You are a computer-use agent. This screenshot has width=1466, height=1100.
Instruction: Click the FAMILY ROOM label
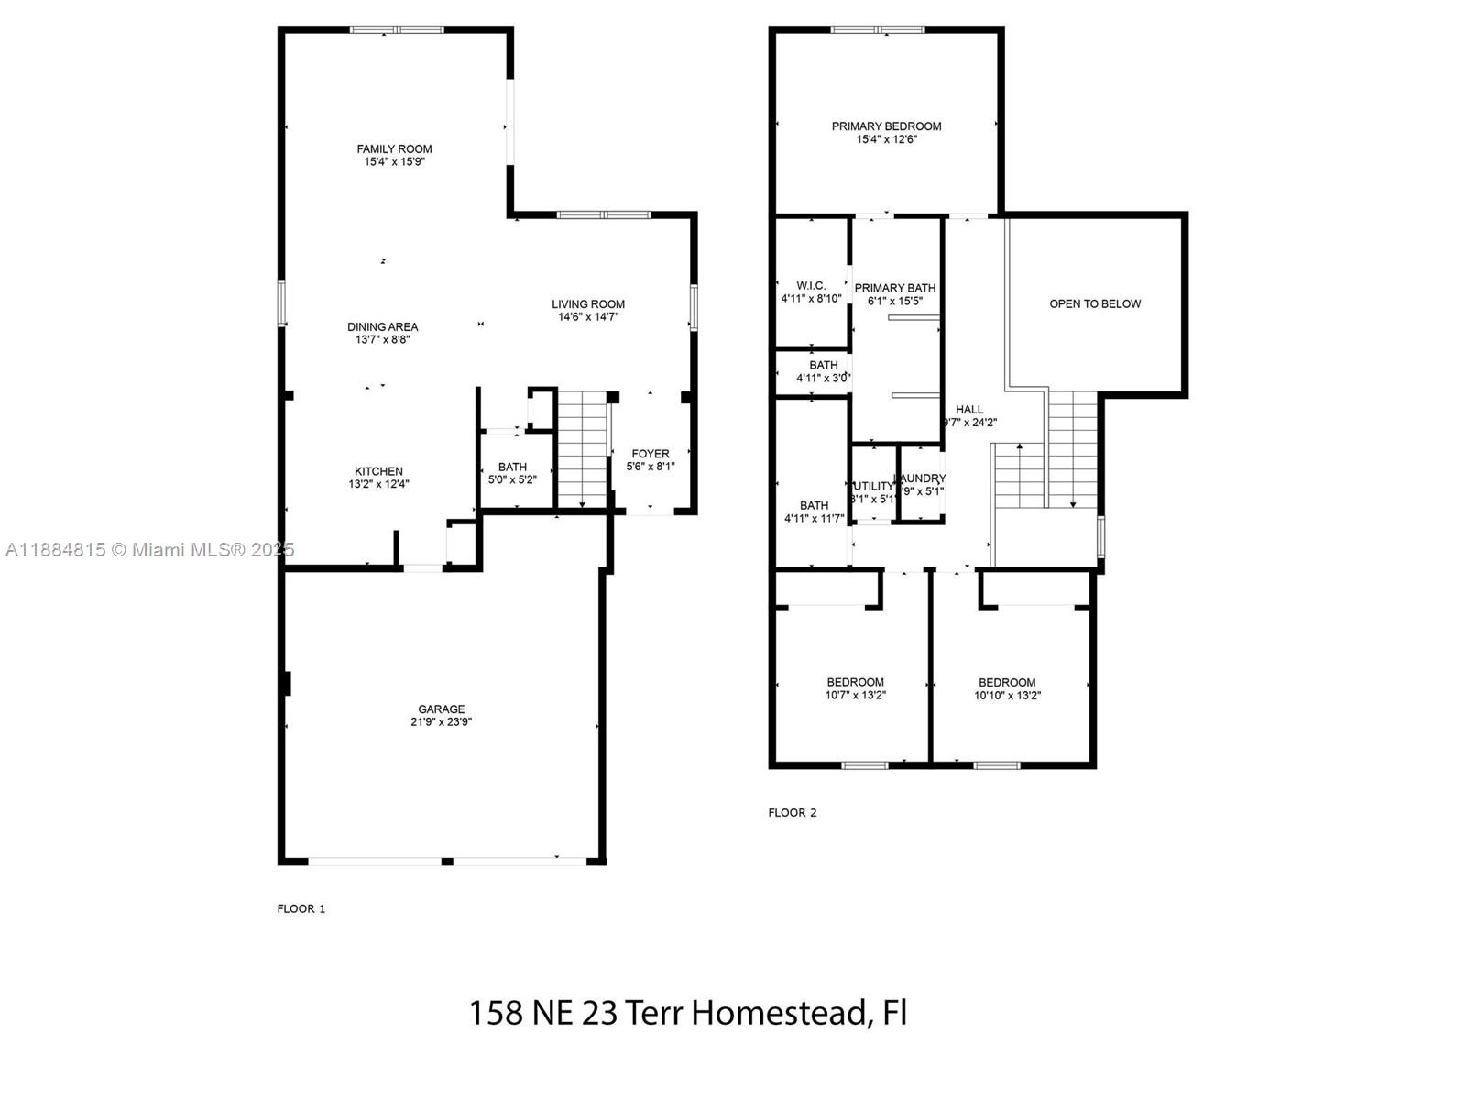(394, 148)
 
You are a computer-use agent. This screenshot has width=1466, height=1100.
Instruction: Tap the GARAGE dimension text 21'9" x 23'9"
(442, 722)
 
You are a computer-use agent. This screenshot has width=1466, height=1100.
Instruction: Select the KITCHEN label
(378, 471)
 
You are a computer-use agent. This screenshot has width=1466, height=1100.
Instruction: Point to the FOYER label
(651, 454)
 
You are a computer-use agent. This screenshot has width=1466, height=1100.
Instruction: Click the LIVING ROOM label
(588, 304)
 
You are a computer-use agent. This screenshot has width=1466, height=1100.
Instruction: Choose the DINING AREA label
(382, 326)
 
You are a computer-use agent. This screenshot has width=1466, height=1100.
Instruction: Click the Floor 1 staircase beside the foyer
(583, 449)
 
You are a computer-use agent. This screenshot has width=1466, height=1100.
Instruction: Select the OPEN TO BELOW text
(1095, 303)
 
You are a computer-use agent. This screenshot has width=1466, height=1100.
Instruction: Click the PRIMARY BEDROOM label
(886, 126)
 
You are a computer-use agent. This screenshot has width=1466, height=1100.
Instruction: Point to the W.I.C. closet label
(811, 286)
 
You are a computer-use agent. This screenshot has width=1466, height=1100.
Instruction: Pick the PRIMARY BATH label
(895, 288)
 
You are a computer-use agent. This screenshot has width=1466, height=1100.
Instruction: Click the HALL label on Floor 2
(969, 410)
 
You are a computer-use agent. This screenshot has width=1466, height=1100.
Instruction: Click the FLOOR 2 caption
(793, 812)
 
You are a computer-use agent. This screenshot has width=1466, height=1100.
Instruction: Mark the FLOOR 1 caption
(301, 908)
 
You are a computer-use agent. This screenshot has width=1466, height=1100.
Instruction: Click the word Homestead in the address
(779, 1013)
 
